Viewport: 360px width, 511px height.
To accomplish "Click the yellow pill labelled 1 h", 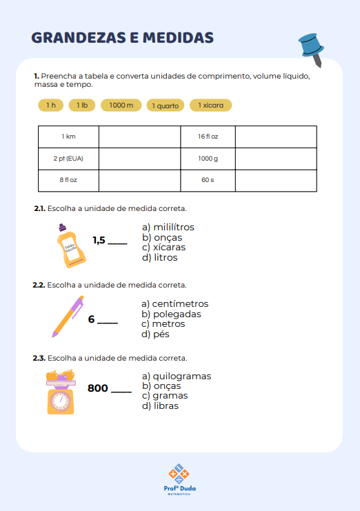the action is click(51, 106).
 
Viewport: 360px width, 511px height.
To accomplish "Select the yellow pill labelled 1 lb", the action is click(82, 106).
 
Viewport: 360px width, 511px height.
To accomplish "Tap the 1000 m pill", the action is click(121, 106).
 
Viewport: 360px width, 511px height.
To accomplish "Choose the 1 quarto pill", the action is click(166, 106).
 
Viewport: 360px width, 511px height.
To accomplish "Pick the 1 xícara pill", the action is click(211, 106).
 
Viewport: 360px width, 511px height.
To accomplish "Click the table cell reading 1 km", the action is click(68, 137).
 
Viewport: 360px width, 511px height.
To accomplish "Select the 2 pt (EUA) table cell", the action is click(68, 159).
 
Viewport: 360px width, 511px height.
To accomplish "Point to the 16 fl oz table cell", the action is click(208, 137).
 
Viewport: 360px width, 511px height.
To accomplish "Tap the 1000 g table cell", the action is click(208, 159).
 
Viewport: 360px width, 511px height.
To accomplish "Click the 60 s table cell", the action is click(208, 180).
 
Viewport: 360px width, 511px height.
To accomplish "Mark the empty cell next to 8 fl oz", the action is click(139, 180).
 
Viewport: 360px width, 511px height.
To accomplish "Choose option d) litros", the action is click(159, 258).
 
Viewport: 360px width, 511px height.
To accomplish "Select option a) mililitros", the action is click(168, 227).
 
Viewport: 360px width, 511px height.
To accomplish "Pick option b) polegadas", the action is click(171, 314).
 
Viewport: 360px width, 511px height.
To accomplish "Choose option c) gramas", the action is click(165, 396).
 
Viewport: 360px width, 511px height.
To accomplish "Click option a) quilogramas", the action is click(177, 377).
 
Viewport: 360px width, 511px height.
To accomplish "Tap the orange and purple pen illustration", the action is click(68, 317).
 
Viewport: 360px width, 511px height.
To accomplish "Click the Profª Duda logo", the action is click(179, 479).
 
